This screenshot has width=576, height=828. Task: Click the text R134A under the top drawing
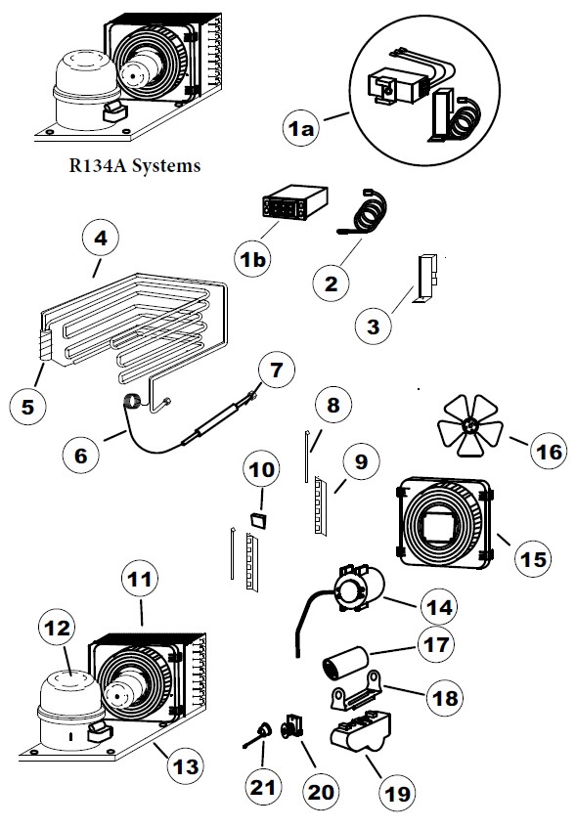[93, 166]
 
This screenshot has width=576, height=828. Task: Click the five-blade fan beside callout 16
[470, 426]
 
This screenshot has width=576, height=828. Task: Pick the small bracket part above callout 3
[426, 275]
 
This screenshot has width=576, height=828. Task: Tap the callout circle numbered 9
[361, 461]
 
